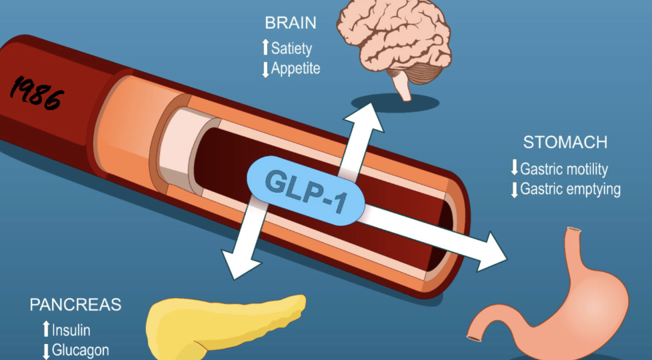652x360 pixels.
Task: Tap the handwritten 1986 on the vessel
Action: coord(37,91)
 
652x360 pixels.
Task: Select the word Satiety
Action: coord(291,48)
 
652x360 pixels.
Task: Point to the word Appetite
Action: coord(295,68)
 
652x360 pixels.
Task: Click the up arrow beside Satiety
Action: coord(265,47)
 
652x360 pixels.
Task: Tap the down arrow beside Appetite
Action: coord(265,69)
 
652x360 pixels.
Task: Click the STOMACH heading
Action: coord(565,142)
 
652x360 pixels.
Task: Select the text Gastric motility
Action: coord(564,169)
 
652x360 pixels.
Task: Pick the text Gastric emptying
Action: coord(570,189)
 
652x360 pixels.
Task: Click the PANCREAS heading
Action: coord(75,305)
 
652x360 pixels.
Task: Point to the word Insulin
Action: coord(71,329)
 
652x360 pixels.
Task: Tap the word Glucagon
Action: coord(80,350)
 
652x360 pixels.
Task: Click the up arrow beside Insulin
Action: coord(45,329)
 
